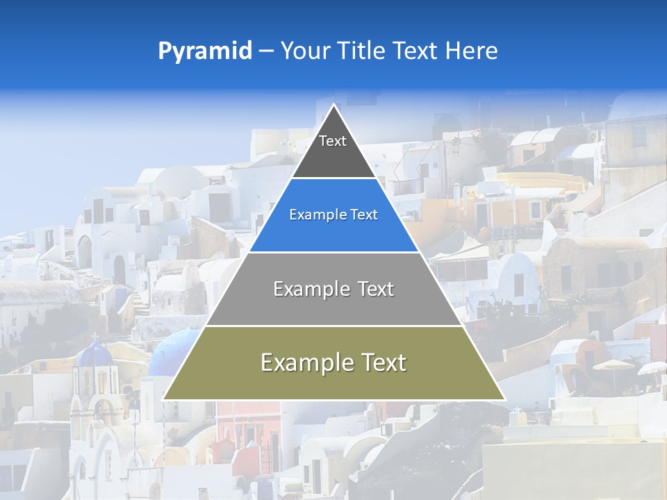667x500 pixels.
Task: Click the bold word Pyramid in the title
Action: click(204, 51)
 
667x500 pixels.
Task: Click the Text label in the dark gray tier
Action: click(333, 142)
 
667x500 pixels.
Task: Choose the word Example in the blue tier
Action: click(314, 215)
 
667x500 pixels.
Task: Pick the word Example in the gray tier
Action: click(311, 289)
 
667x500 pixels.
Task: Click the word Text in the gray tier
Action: click(374, 289)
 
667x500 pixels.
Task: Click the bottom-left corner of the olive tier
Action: click(164, 399)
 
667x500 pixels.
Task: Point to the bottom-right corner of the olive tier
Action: click(504, 399)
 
